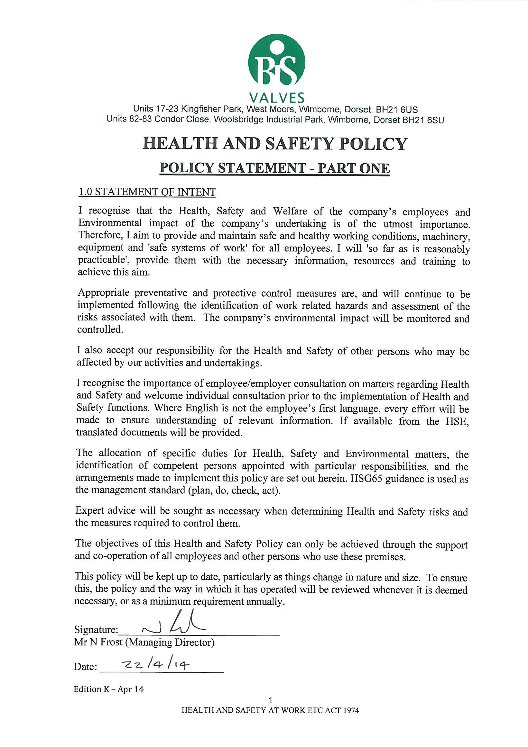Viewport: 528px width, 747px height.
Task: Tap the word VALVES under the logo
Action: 277,98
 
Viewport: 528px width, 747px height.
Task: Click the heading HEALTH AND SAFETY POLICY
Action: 275,143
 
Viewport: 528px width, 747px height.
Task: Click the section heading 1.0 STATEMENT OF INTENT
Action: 147,192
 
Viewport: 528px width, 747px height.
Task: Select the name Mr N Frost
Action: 98,642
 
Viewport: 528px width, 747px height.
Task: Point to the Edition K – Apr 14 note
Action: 108,689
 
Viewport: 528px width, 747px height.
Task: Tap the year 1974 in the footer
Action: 351,710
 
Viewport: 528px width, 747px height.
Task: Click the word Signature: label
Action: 96,630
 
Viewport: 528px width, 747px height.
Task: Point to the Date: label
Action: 85,667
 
